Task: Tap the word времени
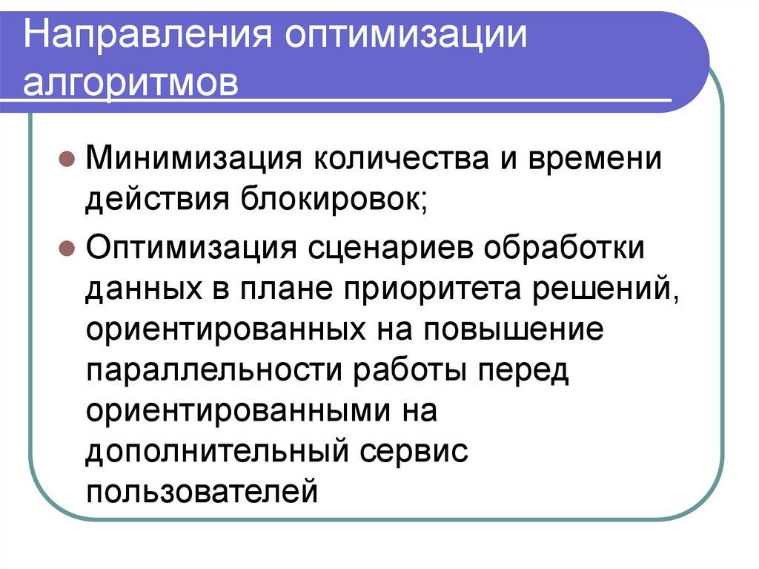tap(589, 157)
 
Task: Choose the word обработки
tap(565, 246)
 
